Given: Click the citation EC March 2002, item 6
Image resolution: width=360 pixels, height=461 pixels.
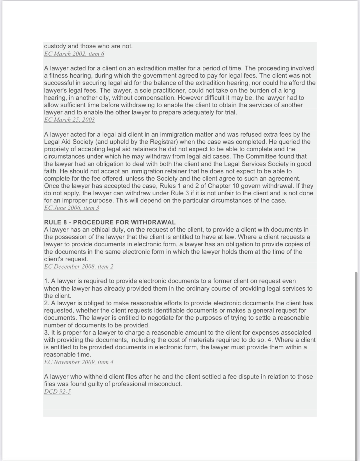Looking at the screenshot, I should click(x=74, y=54).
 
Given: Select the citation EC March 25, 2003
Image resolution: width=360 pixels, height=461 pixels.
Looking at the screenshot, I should click(x=69, y=120).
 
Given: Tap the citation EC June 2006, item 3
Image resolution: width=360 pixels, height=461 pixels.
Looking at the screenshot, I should click(x=71, y=208).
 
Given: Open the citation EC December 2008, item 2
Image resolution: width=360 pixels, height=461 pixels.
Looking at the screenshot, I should click(x=79, y=267).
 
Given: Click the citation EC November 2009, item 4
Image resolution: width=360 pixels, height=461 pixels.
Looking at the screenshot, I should click(x=79, y=362).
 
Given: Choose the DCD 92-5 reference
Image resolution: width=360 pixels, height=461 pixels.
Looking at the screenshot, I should click(x=57, y=391).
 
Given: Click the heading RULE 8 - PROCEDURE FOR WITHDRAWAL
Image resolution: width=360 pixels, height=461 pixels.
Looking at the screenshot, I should click(x=110, y=223).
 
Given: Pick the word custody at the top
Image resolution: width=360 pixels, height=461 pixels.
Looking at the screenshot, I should click(x=55, y=46).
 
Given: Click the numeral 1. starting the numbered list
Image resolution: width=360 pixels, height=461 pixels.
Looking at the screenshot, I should click(x=47, y=281).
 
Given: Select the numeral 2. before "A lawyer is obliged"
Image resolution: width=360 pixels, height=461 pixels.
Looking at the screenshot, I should click(x=47, y=303).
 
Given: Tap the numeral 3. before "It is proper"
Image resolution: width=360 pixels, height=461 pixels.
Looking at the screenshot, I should click(x=47, y=333).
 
